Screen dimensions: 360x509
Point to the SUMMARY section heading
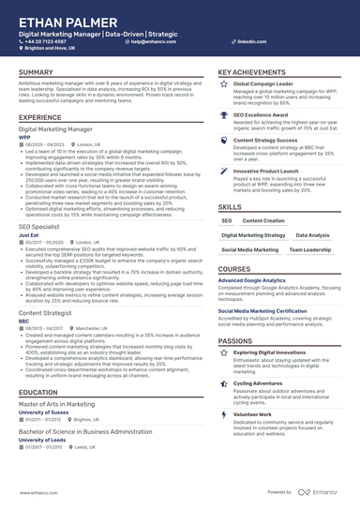pyautogui.click(x=36, y=72)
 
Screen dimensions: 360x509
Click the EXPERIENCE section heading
pyautogui.click(x=40, y=116)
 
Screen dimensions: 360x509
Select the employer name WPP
pyautogui.click(x=23, y=136)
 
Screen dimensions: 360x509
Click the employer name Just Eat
pyautogui.click(x=30, y=234)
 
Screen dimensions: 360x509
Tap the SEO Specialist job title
pyautogui.click(x=42, y=226)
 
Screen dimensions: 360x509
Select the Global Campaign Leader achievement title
pyautogui.click(x=268, y=82)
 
